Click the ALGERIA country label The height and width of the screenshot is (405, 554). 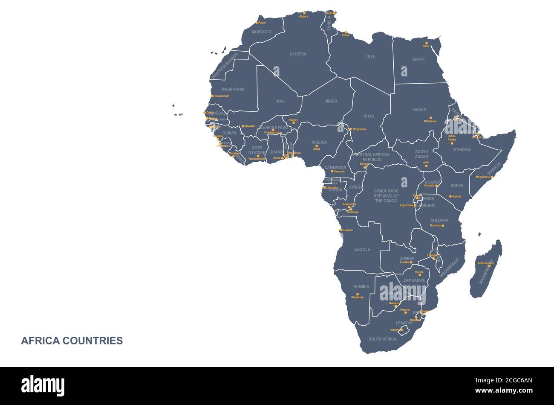tap(298, 54)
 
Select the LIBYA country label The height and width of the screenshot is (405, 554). tap(369, 57)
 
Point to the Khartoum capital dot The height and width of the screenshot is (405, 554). tap(430, 118)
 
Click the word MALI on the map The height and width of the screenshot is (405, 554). tap(280, 101)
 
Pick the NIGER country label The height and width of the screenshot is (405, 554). tap(331, 101)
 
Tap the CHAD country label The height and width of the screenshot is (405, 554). tap(369, 116)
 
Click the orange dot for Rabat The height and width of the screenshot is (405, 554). tap(257, 23)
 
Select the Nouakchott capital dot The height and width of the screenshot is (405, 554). tap(212, 96)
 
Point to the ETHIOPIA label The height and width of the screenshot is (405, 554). tap(462, 150)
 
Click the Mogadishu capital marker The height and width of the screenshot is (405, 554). tap(492, 177)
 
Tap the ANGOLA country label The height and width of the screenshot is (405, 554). tap(362, 250)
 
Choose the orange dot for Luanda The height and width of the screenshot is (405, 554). tap(340, 230)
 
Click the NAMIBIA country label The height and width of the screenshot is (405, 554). tap(361, 287)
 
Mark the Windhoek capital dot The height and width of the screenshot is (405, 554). tap(358, 294)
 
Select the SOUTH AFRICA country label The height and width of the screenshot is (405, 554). tap(382, 339)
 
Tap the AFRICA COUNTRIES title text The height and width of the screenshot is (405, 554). tap(72, 341)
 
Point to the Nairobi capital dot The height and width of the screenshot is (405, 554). tap(450, 196)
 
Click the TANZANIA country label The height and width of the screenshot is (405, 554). tap(439, 220)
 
